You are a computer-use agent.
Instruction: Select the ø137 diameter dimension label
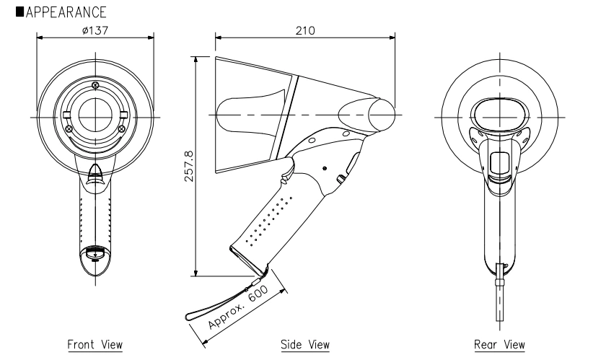pyautogui.click(x=95, y=29)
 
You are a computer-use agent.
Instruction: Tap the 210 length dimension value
pyautogui.click(x=306, y=29)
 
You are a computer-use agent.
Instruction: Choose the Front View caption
pyautogui.click(x=95, y=344)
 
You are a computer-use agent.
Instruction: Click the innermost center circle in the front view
pyautogui.click(x=95, y=114)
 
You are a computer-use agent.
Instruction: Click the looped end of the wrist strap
pyautogui.click(x=196, y=314)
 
